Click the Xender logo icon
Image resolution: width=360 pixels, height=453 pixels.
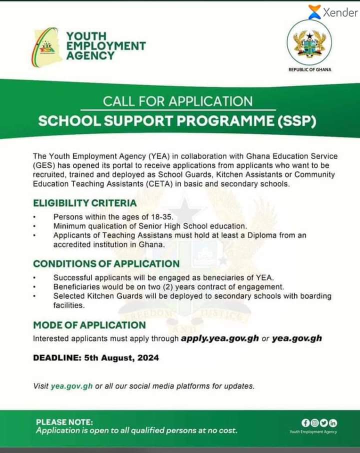point(314,12)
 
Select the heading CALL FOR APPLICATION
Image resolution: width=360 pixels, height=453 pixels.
point(177,101)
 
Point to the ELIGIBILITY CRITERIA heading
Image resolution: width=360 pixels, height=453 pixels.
point(84,203)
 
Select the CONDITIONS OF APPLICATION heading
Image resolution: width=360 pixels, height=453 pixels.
point(106,263)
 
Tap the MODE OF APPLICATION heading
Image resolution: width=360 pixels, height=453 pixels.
point(89,325)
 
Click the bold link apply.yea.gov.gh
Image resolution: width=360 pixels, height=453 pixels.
point(220,338)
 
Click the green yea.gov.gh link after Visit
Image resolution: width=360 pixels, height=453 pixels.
point(71,386)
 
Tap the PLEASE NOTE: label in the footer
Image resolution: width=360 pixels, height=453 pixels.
point(64,422)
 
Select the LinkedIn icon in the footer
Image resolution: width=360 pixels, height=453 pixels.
point(333,423)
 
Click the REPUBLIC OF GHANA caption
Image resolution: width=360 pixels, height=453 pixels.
point(310,69)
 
